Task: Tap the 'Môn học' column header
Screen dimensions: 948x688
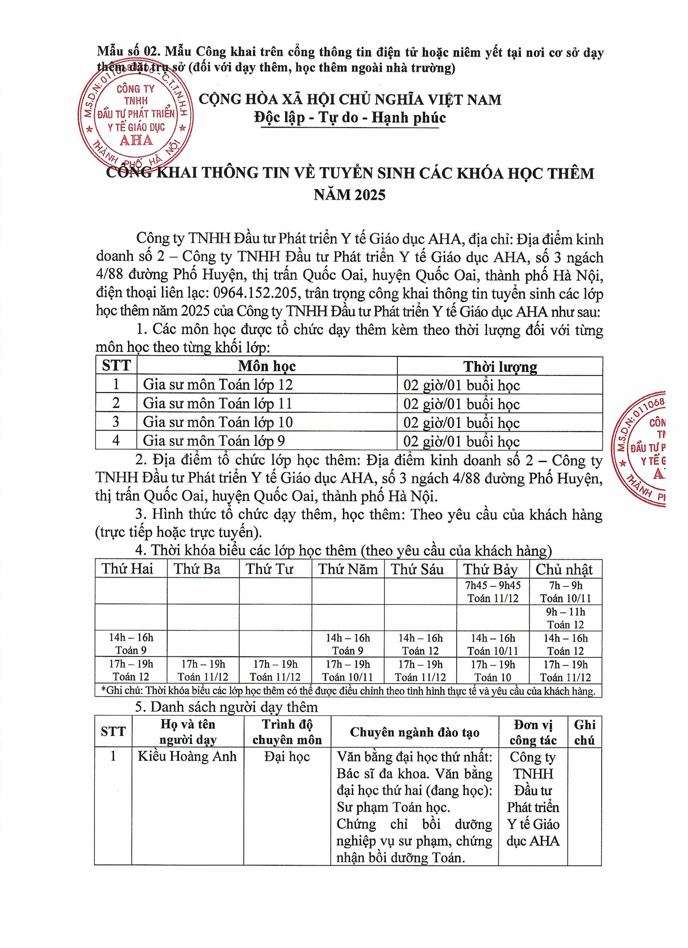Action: [267, 366]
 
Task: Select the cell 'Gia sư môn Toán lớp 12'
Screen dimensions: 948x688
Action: [218, 385]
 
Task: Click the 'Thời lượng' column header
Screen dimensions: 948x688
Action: [500, 367]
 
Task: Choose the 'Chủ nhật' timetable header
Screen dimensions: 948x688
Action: [565, 569]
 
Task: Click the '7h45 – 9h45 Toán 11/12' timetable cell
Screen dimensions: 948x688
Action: [492, 592]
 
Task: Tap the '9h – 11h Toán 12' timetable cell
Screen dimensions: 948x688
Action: [565, 618]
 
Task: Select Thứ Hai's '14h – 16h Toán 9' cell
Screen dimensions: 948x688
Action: [131, 644]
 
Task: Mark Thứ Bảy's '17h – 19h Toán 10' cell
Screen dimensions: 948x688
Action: [492, 671]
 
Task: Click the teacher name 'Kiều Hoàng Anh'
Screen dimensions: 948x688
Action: [187, 757]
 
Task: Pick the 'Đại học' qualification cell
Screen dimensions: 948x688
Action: [287, 757]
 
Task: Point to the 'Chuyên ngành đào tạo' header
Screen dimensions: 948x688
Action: [414, 732]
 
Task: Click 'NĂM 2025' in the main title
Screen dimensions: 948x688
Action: [350, 195]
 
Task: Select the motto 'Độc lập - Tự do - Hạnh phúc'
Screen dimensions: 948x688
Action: [350, 117]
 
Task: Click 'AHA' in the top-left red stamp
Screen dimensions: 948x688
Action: [136, 140]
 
